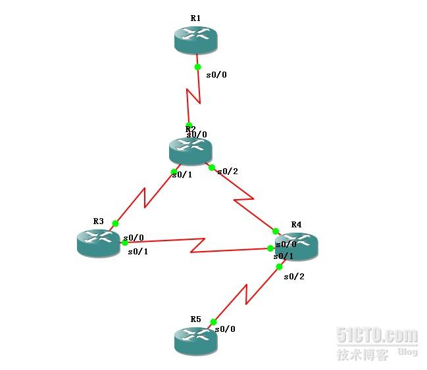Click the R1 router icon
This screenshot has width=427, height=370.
[x=195, y=40]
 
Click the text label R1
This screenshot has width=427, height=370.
[x=195, y=18]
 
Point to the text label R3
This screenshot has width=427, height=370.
[x=98, y=221]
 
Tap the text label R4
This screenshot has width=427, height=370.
[x=296, y=224]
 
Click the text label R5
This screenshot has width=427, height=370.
[x=195, y=319]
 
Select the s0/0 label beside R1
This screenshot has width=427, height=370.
[x=216, y=75]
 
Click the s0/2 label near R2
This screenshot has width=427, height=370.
[x=228, y=172]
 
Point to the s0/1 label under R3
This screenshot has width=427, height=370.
[x=138, y=252]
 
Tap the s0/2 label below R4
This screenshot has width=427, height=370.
[x=294, y=277]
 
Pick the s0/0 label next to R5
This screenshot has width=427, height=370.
[x=225, y=329]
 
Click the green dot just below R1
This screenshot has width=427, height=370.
[x=197, y=66]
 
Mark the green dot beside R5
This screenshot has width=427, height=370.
[x=213, y=322]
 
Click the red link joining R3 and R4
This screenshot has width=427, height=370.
[x=197, y=246]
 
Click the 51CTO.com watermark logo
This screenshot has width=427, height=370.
[x=376, y=336]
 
